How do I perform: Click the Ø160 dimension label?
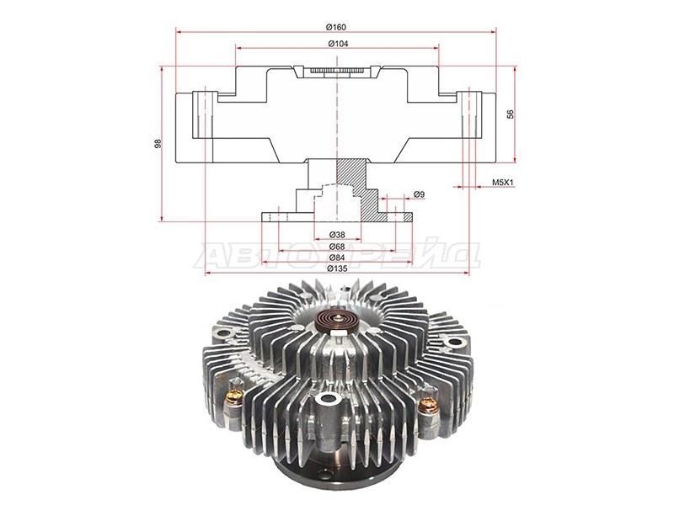coord(335,27)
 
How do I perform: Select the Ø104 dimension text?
coord(338,44)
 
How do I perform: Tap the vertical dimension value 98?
coord(158,144)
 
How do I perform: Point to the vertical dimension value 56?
coord(511,114)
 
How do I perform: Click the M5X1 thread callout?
coord(503,183)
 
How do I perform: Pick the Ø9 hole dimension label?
coord(419,194)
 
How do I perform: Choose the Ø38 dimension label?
coord(338,235)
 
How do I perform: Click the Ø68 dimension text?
coord(338,247)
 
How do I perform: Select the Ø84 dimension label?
coord(338,258)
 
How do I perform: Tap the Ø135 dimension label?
coord(337,268)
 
